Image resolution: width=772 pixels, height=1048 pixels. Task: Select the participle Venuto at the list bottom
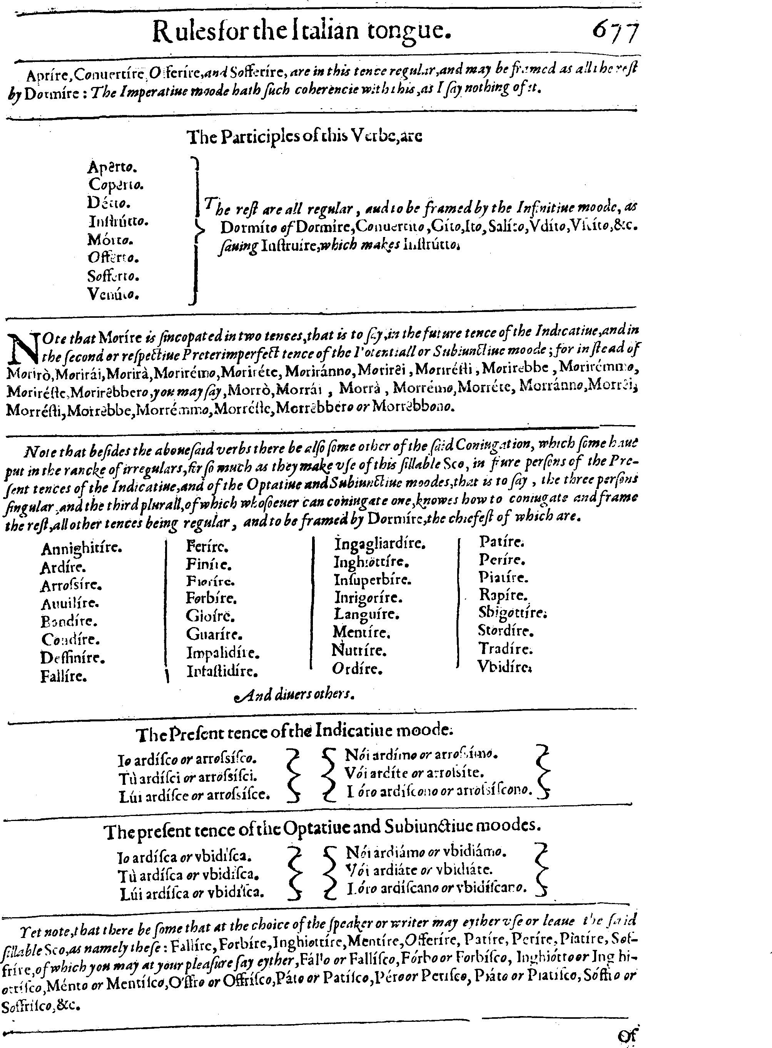pyautogui.click(x=113, y=294)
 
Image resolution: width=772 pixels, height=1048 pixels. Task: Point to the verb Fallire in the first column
pyautogui.click(x=63, y=676)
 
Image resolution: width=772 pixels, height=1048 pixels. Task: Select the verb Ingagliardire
pyautogui.click(x=379, y=544)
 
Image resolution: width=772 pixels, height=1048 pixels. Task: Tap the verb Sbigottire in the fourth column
pyautogui.click(x=512, y=612)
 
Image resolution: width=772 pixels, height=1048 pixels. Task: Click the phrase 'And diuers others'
pyautogui.click(x=294, y=695)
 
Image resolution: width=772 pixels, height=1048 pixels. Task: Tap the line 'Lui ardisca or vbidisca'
pyautogui.click(x=192, y=893)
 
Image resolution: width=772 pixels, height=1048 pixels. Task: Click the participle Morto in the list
pyautogui.click(x=110, y=240)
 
